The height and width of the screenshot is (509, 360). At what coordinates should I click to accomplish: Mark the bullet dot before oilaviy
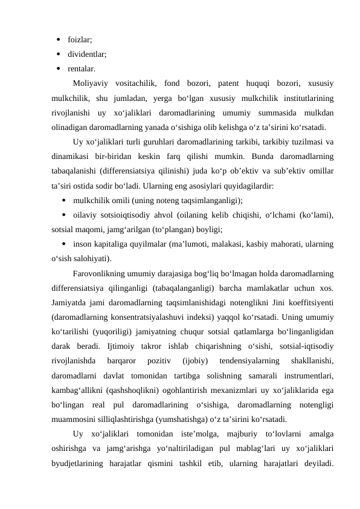coord(63,215)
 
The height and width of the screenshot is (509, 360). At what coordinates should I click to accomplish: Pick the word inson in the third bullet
coord(83,245)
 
